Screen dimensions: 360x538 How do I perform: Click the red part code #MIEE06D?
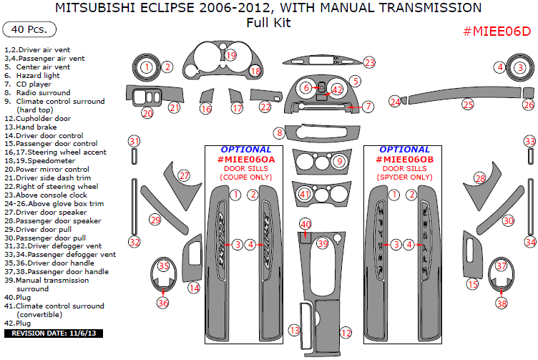click(497, 31)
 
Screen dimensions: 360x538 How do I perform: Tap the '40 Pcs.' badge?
click(29, 30)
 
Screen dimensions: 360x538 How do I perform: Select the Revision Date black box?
click(54, 334)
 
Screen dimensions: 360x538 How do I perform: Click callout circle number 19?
click(230, 55)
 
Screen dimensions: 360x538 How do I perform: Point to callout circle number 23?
click(368, 63)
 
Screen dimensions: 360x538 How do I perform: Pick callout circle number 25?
click(467, 104)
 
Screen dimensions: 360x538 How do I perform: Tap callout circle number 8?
click(279, 133)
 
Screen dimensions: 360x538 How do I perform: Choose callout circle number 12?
click(346, 333)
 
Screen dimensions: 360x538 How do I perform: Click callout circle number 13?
click(294, 330)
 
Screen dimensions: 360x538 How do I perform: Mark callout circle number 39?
click(323, 244)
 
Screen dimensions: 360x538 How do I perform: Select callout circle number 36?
click(163, 303)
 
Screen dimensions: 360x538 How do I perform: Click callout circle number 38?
click(501, 303)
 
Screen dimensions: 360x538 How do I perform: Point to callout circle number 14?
click(194, 288)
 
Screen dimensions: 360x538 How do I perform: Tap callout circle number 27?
click(184, 175)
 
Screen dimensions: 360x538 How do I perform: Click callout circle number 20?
click(147, 113)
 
